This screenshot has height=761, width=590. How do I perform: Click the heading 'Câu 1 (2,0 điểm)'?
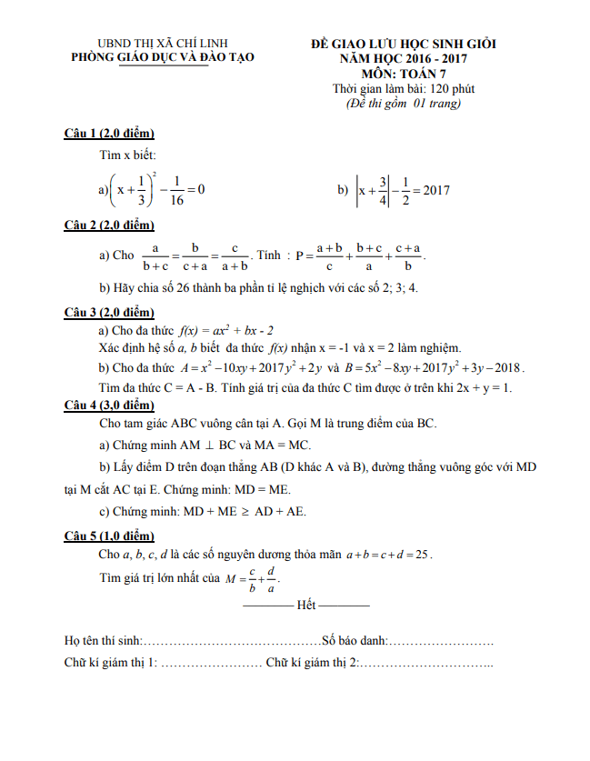[x=109, y=133]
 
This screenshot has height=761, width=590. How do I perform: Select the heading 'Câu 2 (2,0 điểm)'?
[x=109, y=225]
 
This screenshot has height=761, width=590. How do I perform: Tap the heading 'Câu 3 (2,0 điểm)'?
[x=109, y=312]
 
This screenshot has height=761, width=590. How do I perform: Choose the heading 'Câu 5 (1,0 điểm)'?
[x=109, y=536]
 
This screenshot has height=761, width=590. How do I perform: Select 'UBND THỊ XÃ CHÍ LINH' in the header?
[x=164, y=43]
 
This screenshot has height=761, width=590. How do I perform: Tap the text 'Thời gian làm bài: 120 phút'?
[x=404, y=89]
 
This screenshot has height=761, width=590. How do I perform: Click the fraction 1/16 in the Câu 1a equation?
[x=176, y=190]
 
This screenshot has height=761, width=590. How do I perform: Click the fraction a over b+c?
[x=155, y=256]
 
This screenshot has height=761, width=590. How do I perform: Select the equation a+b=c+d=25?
[x=388, y=554]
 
